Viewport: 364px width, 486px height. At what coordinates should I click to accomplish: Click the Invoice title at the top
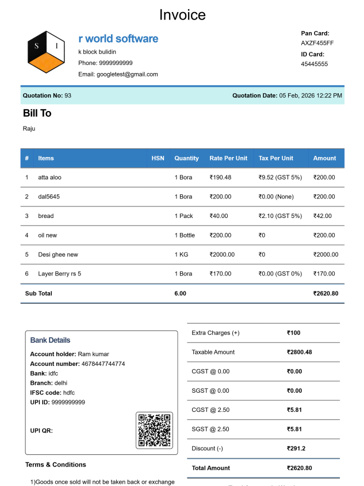click(x=182, y=14)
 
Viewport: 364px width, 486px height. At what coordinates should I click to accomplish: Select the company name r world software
click(x=118, y=39)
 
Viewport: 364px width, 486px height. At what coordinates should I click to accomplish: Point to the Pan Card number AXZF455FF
click(x=317, y=43)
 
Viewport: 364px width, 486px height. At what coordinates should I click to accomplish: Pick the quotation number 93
click(x=68, y=95)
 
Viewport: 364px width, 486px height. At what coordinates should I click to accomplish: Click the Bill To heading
click(x=37, y=113)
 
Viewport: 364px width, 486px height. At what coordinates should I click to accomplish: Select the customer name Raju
click(x=29, y=128)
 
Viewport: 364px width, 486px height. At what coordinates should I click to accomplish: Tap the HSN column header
click(x=158, y=158)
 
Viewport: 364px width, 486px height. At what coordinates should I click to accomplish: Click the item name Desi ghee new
click(x=58, y=254)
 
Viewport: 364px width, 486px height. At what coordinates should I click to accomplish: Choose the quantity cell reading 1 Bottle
click(x=185, y=235)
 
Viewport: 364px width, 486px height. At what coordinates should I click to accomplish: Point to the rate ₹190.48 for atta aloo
click(x=221, y=177)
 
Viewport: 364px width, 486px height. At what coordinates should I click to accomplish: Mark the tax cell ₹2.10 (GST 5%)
click(x=280, y=216)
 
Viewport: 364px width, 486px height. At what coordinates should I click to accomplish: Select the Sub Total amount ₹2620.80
click(x=325, y=293)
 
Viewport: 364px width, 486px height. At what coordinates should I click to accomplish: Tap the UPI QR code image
click(x=155, y=430)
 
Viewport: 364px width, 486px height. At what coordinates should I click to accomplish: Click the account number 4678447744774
click(x=101, y=363)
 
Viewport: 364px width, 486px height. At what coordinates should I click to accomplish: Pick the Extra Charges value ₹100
click(x=293, y=333)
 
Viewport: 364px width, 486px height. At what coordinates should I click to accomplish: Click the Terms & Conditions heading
click(x=56, y=465)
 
